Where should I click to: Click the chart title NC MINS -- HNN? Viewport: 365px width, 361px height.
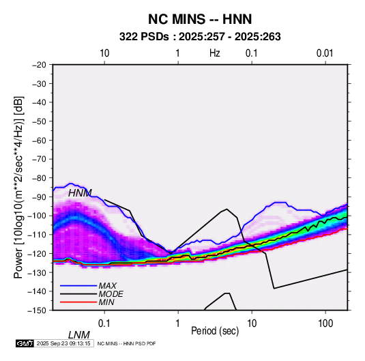click(200, 19)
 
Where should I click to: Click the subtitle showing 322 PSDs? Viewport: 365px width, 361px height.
click(200, 37)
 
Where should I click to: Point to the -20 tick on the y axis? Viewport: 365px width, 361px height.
click(39, 65)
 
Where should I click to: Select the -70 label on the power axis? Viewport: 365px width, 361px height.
click(39, 159)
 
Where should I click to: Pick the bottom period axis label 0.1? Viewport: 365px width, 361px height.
click(104, 323)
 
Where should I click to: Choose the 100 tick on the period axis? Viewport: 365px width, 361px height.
click(325, 323)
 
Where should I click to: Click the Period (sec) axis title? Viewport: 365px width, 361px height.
click(215, 331)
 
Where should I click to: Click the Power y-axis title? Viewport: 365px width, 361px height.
click(18, 187)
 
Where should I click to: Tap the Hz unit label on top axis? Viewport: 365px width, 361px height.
click(215, 53)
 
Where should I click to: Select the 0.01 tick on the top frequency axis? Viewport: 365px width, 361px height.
click(325, 53)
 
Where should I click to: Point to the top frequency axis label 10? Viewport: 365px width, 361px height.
click(104, 53)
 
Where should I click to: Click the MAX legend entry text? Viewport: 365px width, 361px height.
click(108, 285)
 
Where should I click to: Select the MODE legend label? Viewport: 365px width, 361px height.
click(111, 294)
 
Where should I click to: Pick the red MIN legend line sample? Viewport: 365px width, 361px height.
click(78, 302)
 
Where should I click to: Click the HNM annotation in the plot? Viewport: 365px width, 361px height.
click(80, 193)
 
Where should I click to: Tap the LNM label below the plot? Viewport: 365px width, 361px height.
click(79, 335)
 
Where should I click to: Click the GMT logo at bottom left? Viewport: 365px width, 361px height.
click(25, 343)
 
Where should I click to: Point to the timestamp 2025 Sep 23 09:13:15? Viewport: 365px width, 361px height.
click(63, 343)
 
